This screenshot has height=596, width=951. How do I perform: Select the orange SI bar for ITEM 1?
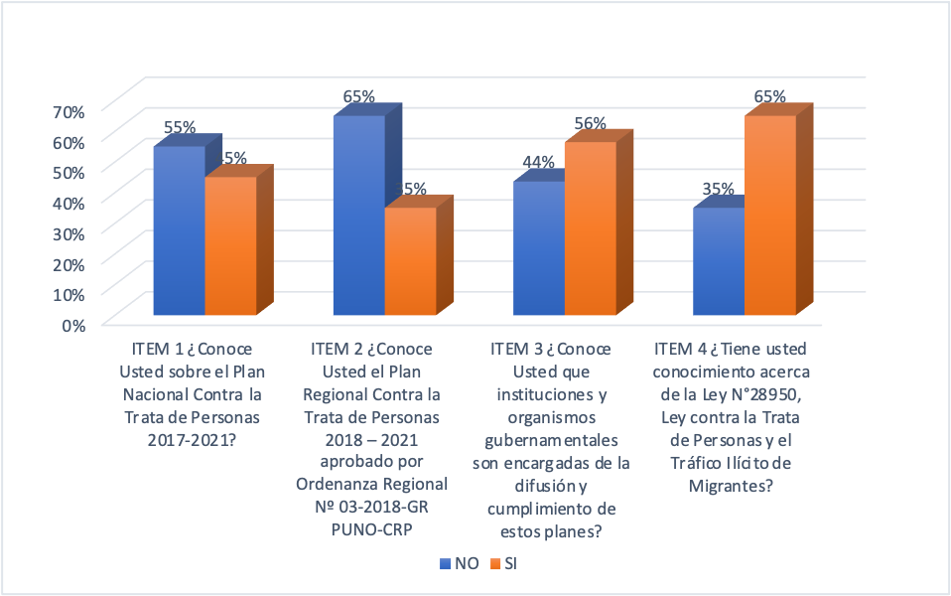coord(230,247)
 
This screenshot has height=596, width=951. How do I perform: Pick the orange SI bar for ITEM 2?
coord(410,262)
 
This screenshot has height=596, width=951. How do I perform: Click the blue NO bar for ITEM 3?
coord(539,249)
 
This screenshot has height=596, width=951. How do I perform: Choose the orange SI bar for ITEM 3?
coord(591,229)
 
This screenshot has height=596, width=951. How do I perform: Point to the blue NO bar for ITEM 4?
coord(719,262)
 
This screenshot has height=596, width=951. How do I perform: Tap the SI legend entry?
coord(503,563)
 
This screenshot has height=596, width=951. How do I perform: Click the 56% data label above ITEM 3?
coord(590,124)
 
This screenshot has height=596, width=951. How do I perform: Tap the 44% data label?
coord(538,163)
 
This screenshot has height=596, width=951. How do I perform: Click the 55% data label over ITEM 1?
coord(180,128)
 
